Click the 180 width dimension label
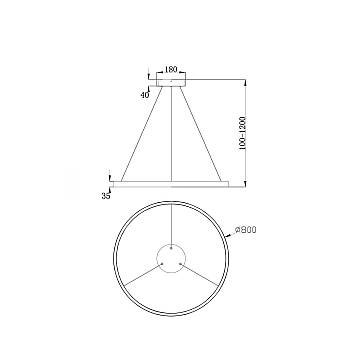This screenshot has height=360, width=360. (172, 70)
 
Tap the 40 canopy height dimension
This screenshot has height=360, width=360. (146, 95)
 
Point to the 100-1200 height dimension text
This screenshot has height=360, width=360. (258, 130)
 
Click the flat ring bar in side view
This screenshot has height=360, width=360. (172, 183)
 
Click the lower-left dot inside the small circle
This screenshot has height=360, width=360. (164, 265)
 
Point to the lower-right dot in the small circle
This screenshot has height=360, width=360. (181, 265)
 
